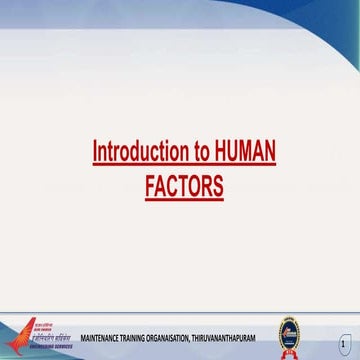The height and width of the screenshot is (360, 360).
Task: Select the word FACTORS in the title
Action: tap(184, 186)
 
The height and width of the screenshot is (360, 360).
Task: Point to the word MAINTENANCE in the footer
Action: tap(101, 340)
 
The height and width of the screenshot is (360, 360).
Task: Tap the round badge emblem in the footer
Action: tap(290, 336)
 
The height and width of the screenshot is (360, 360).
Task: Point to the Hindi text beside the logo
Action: tap(54, 336)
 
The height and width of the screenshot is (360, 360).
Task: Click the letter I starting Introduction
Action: tap(95, 152)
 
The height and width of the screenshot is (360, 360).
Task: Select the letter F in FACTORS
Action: tap(150, 186)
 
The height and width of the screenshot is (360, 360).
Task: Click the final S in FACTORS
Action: tap(218, 186)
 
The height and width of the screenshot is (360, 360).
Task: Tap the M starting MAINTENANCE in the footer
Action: tap(83, 340)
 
